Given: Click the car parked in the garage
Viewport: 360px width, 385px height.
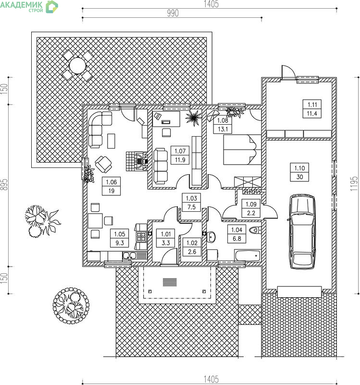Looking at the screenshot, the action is coord(302,231).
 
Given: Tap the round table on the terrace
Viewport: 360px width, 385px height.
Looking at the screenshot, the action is coord(77,65).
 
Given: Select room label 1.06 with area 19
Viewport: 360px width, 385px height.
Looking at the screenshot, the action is coord(112,186).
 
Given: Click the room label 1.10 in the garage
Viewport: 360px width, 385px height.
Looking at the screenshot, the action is coord(299,172).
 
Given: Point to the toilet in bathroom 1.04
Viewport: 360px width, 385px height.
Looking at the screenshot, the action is coord(255,230).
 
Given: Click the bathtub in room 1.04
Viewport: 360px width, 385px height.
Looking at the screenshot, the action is coord(248,256).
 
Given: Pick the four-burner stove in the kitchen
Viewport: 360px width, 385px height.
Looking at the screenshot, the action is coord(141,237).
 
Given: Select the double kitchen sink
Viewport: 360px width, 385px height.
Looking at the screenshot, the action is coord(129,256).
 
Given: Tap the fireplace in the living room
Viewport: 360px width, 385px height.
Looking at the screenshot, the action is coord(137,161).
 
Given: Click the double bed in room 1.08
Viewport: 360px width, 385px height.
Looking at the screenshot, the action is coord(242,150).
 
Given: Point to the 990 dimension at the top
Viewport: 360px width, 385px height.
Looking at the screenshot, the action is coord(173,13).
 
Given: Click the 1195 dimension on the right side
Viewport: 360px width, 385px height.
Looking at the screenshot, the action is coord(354,184).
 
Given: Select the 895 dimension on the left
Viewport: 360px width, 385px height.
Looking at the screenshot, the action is coord(4,185).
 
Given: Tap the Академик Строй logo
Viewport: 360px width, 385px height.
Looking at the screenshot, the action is coord(29,6).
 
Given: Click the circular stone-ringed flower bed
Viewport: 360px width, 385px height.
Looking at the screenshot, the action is coord(71,306).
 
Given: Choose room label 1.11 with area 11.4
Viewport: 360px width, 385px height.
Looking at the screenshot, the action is coord(312,109).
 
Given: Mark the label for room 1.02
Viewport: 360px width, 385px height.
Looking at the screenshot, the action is coord(192,247).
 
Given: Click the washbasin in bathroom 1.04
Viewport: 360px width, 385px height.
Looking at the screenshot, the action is coord(211,237).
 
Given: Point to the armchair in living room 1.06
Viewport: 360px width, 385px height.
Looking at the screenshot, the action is coord(103,164).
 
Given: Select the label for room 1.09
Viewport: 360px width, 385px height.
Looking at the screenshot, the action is coord(251,208).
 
